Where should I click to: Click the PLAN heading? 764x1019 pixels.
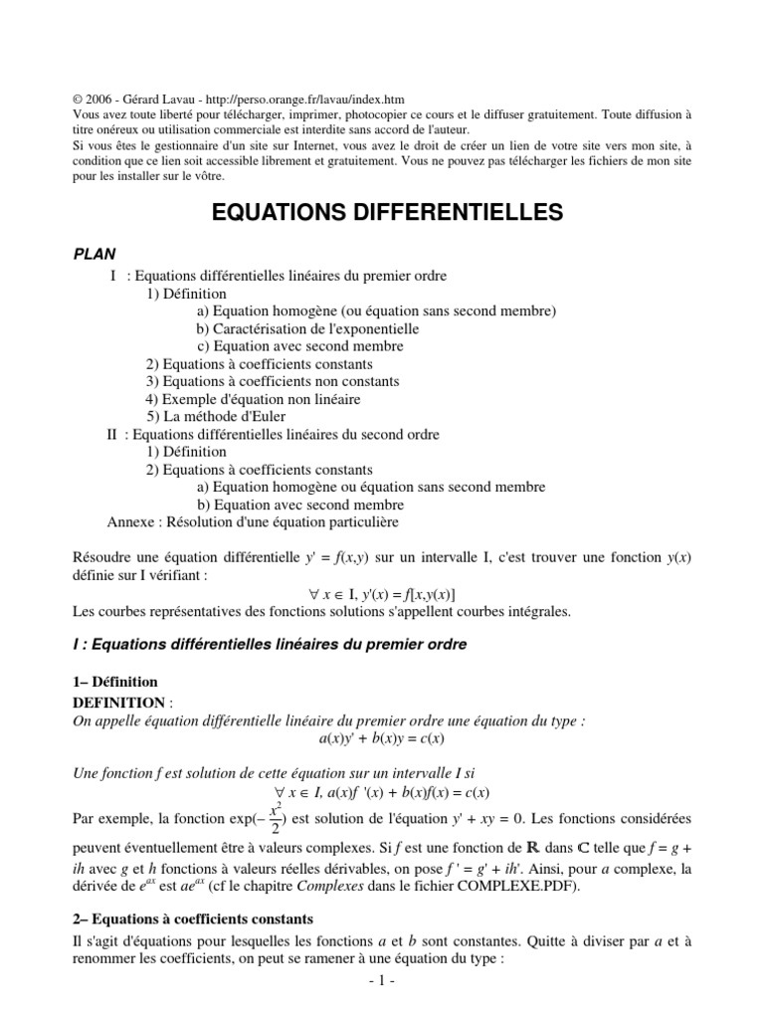point(96,255)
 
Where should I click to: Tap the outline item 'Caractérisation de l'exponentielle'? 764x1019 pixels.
point(307,328)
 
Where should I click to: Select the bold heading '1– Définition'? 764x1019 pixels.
point(115,683)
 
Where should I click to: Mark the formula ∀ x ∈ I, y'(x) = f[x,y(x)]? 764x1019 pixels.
point(381,593)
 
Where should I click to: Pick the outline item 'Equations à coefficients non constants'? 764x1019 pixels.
point(273,381)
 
